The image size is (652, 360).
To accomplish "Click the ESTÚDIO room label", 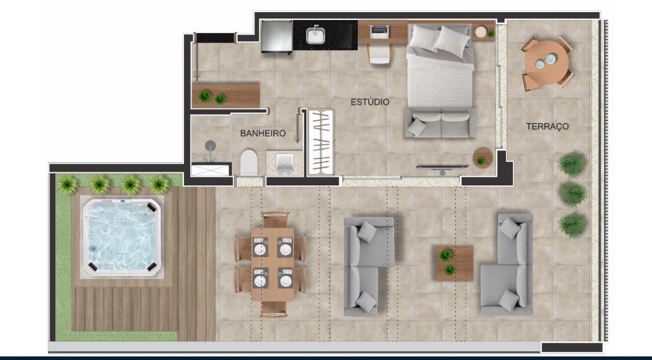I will click(x=369, y=102).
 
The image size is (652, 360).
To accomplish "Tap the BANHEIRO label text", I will click(x=263, y=133).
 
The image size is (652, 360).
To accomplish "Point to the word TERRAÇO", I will click(x=547, y=126).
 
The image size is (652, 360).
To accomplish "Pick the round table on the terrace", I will click(x=547, y=64).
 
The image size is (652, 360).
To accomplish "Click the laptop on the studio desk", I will click(x=379, y=31).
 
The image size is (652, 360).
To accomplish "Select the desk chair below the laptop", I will click(x=379, y=54).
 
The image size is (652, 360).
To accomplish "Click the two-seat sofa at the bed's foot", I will click(x=440, y=122).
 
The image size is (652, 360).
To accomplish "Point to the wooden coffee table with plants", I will click(x=453, y=262).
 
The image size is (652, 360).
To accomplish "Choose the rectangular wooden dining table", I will click(x=272, y=263).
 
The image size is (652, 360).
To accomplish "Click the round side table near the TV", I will click(x=482, y=157).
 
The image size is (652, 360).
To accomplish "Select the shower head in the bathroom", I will click(x=210, y=145).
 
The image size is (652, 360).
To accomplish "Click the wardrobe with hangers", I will click(x=320, y=142).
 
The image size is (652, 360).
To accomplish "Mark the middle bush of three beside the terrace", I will click(x=573, y=194).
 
